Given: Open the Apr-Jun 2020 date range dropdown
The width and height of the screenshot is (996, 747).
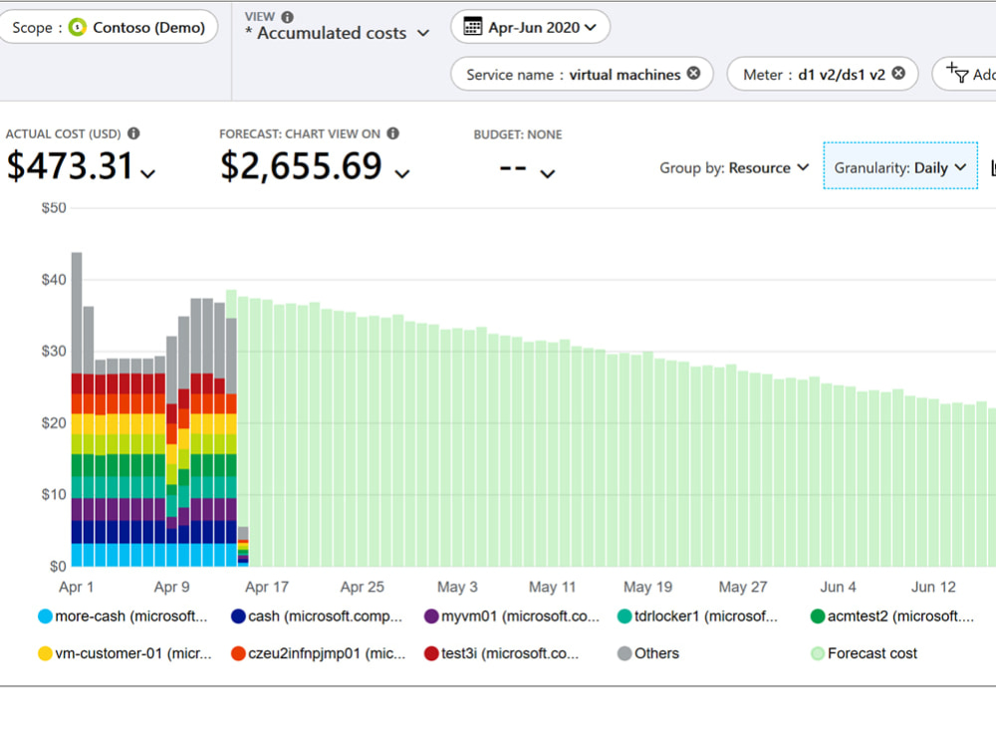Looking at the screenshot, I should (x=531, y=28).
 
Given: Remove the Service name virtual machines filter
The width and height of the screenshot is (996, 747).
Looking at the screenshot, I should (x=693, y=74).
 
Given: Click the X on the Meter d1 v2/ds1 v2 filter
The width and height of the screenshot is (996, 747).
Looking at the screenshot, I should (x=898, y=74).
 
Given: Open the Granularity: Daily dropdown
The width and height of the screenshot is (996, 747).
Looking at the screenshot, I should (x=900, y=167).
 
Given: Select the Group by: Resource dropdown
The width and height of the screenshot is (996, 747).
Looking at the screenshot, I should (x=734, y=167).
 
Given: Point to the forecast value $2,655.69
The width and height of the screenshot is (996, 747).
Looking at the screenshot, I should (x=301, y=166).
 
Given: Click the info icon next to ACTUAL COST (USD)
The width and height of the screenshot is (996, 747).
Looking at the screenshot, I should (x=133, y=133).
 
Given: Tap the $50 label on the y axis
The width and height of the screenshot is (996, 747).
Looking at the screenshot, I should (x=53, y=207).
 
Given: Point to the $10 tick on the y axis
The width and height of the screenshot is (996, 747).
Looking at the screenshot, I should (x=53, y=494).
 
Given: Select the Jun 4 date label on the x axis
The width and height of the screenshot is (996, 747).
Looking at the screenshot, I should (x=838, y=587).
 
